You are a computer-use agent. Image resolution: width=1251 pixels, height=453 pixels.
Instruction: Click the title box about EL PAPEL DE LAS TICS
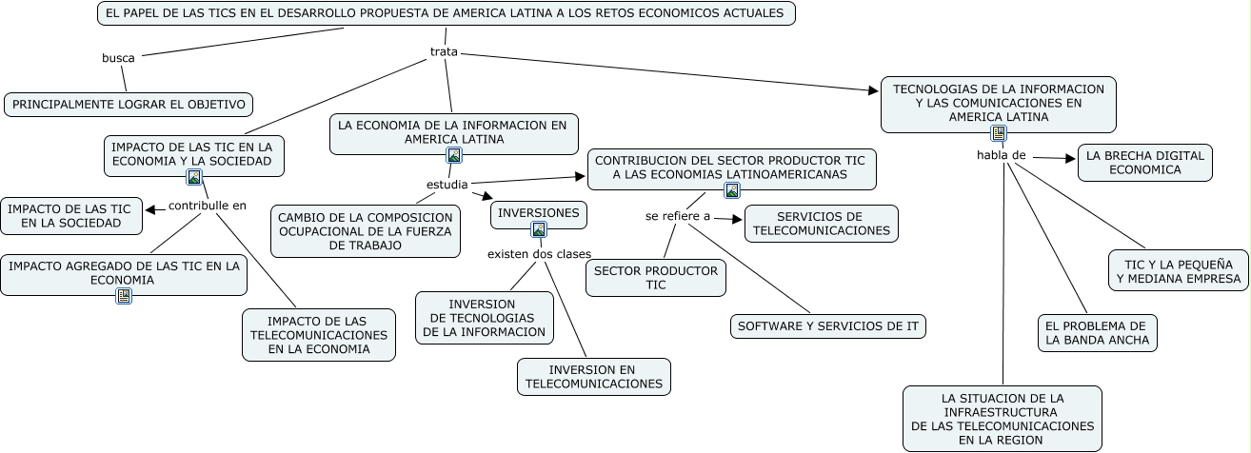[446, 13]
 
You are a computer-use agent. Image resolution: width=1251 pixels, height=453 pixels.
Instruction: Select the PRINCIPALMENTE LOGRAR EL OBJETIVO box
[129, 105]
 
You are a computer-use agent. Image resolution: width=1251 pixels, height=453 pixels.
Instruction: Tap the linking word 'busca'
[118, 58]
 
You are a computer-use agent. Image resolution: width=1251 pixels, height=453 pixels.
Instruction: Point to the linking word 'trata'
[444, 51]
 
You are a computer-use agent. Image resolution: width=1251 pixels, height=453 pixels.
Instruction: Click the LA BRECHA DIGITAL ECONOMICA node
[1144, 163]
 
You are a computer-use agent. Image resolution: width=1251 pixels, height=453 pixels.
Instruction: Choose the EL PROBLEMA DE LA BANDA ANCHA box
[1097, 332]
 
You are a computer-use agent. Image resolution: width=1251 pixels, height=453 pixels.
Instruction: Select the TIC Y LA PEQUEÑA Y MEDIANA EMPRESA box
[1179, 271]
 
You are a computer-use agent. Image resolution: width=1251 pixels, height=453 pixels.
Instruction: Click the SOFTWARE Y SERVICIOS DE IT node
[828, 326]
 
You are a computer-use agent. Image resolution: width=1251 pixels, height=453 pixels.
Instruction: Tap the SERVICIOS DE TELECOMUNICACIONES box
[821, 224]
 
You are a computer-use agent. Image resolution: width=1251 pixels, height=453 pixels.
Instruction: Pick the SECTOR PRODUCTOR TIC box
[655, 278]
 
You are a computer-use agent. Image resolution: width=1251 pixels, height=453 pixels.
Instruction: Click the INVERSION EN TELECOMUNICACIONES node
[593, 377]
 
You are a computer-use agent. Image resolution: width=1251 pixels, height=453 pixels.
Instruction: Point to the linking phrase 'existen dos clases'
[539, 253]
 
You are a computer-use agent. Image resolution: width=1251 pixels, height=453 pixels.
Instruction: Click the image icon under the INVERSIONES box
[539, 229]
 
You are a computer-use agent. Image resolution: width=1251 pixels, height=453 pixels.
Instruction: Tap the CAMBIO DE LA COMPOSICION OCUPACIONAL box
[365, 231]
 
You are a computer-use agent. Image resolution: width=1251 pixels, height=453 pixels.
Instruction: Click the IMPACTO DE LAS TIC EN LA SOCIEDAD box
[71, 216]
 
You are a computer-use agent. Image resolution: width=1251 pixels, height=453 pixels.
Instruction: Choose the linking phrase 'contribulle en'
[207, 205]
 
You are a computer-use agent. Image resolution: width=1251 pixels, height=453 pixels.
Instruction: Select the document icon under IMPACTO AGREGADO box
[124, 296]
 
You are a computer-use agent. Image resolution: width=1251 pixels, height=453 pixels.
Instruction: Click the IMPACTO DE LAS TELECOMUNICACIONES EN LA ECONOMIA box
[318, 335]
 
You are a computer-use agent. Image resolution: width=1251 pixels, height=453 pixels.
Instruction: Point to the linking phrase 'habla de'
[1001, 154]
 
